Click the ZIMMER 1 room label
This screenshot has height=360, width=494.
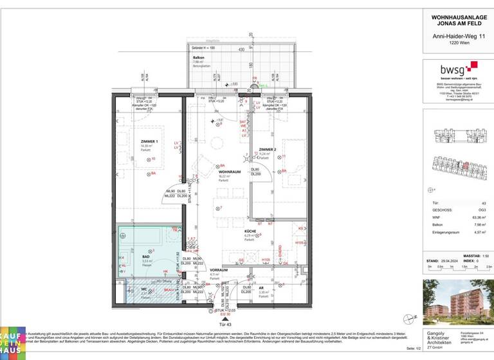tap(149, 141)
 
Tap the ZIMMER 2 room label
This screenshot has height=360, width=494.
tap(267, 149)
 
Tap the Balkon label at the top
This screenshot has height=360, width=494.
tap(198, 58)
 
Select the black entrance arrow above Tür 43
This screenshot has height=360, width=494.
tap(224, 317)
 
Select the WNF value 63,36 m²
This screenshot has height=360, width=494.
tap(477, 217)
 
